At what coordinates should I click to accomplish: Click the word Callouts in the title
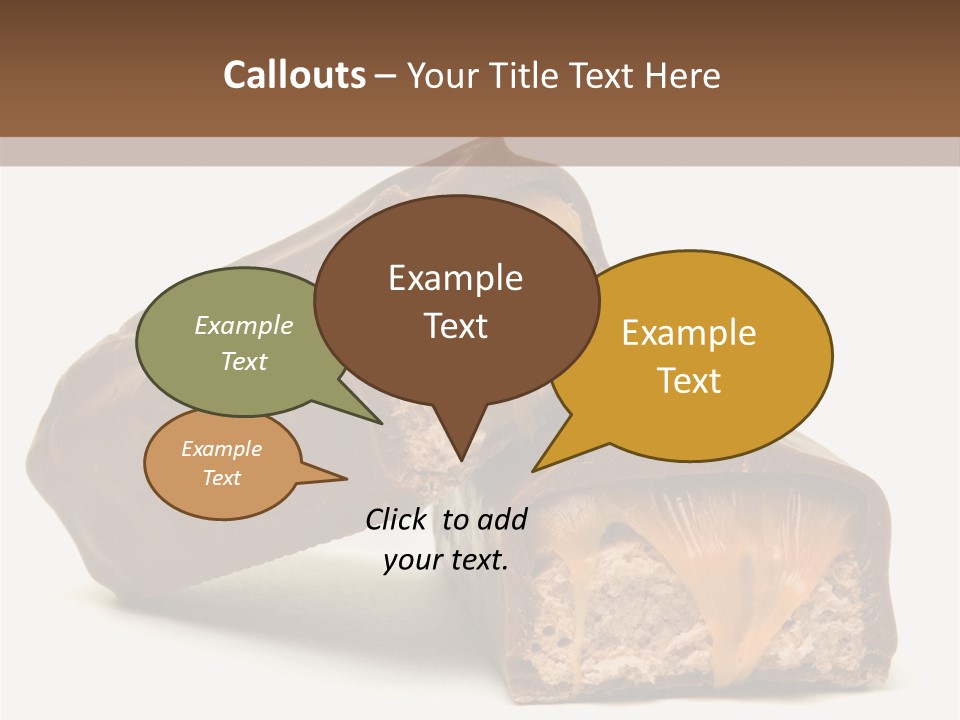(294, 75)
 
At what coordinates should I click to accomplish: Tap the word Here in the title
(683, 76)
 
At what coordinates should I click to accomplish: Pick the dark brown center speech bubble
(456, 300)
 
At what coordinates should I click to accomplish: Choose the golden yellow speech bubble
(700, 355)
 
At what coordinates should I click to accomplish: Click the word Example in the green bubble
(244, 326)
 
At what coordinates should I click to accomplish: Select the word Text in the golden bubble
(689, 381)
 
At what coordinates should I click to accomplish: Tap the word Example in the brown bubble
(455, 278)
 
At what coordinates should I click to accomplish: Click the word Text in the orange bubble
(222, 478)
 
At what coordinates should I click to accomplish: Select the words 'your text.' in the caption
(446, 560)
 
